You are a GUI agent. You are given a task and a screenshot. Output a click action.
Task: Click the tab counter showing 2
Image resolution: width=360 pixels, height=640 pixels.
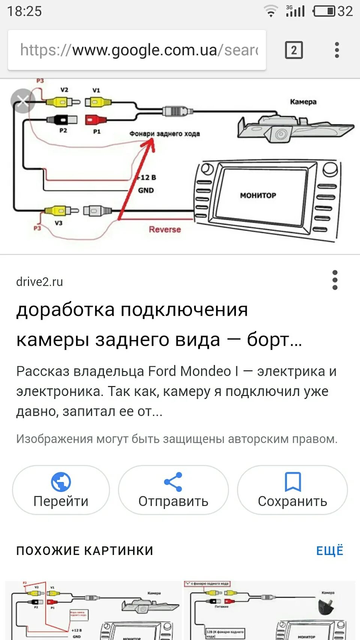click(294, 50)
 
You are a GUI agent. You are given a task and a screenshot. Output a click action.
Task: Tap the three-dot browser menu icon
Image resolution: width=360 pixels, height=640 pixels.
click(337, 50)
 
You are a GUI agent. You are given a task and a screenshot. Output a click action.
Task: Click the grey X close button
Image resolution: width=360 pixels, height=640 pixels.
click(23, 100)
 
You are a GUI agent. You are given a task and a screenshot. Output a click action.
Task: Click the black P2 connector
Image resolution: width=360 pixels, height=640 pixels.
click(62, 120)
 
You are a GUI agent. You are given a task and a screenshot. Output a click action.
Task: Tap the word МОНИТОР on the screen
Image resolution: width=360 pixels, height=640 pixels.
click(258, 195)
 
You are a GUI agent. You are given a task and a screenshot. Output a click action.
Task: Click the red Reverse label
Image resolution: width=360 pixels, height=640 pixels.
click(165, 229)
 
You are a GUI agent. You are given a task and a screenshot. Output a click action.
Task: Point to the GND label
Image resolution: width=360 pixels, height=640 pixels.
click(146, 190)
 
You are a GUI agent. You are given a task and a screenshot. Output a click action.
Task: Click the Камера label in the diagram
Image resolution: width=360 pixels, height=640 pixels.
click(303, 102)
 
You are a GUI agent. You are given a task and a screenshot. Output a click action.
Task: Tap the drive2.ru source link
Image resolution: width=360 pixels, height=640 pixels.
click(39, 282)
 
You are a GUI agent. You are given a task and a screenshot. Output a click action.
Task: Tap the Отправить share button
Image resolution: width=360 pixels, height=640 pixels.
click(173, 490)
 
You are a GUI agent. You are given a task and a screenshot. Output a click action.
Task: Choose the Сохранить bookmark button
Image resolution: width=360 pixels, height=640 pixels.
click(292, 490)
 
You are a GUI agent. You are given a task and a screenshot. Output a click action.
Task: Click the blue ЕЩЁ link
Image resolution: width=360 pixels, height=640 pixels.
click(330, 550)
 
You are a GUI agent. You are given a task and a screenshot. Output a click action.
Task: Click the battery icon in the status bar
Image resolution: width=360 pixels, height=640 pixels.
click(324, 11)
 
